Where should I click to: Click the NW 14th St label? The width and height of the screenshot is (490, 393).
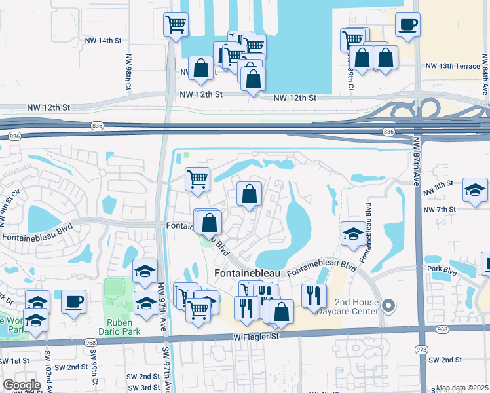coord(104,40)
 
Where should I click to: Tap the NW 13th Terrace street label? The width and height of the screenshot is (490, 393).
coord(453,66)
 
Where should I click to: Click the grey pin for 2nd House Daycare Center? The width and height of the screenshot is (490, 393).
coord(389,305)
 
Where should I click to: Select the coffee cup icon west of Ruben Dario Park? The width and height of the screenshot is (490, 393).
coord(73,302)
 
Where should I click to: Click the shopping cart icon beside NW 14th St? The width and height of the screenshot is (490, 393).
coord(176,25)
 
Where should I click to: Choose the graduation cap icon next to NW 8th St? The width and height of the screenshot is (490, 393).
coord(475,190)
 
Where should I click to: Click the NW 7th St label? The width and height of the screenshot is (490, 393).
coord(440,210)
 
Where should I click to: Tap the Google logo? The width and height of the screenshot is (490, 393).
coord(22,385)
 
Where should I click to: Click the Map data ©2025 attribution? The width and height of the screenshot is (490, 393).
coord(462,388)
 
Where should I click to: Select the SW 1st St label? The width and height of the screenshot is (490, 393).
coord(14,361)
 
